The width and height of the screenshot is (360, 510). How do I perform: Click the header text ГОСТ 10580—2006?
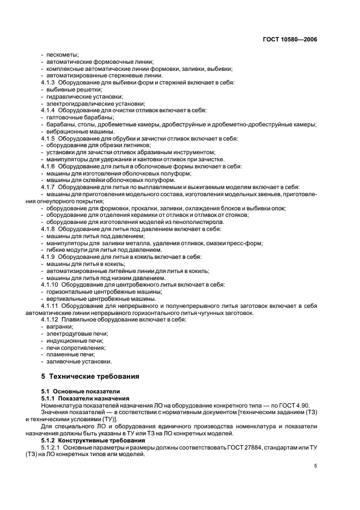[291, 40]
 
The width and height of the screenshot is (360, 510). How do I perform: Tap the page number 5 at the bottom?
[316, 466]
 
